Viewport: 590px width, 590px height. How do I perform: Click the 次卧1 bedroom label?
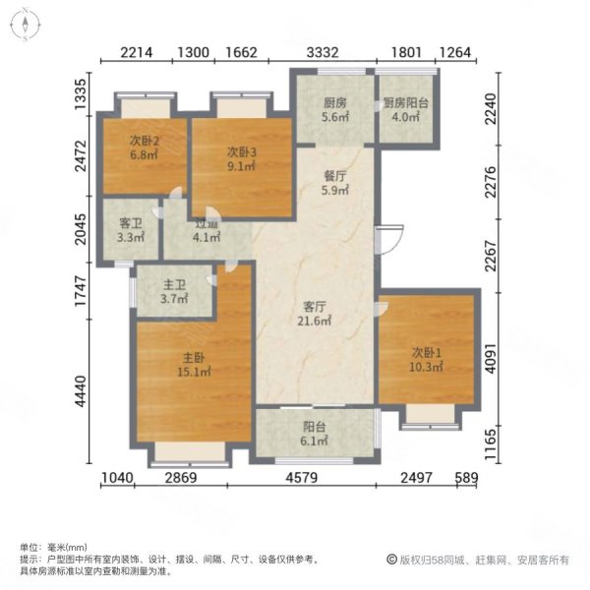427,351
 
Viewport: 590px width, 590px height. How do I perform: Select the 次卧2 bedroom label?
145,140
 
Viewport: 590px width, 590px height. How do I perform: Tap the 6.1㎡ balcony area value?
315,442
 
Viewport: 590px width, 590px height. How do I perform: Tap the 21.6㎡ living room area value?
315,321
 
